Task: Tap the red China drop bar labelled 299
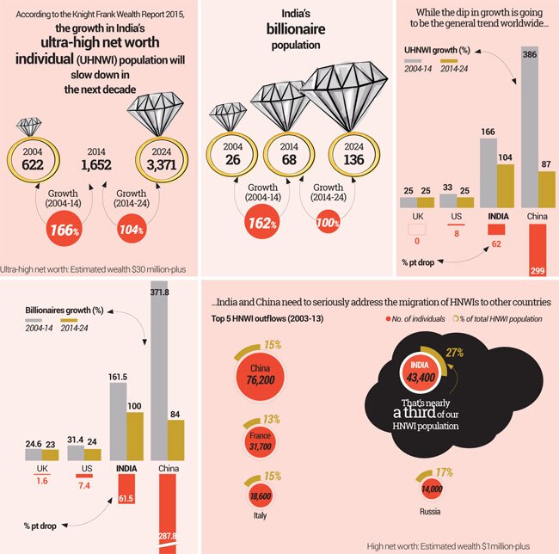tap(532, 249)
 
